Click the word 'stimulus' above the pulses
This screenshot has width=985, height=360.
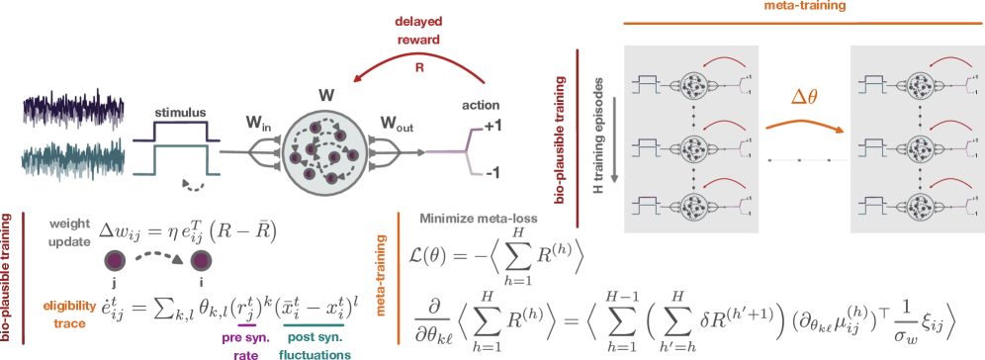tap(177, 114)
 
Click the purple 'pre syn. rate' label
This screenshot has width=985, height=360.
tap(244, 341)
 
